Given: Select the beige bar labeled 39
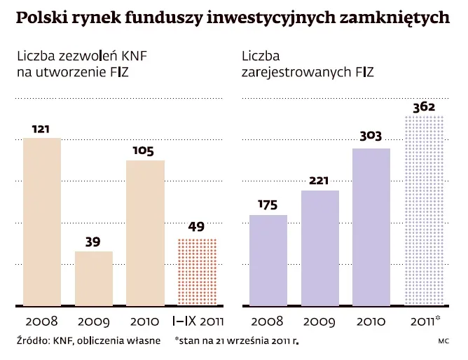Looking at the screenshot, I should tap(94, 278).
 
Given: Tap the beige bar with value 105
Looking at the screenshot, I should tap(145, 233).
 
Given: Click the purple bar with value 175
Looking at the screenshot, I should tap(268, 260).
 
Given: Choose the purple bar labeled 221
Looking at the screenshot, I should tap(320, 248).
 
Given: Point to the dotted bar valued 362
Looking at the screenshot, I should tap(424, 210).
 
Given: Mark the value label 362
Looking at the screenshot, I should tap(424, 107).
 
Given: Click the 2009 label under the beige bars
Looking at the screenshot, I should tap(94, 324).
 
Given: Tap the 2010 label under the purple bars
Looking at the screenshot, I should tap(372, 324).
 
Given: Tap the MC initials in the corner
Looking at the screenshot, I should tap(443, 342).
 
